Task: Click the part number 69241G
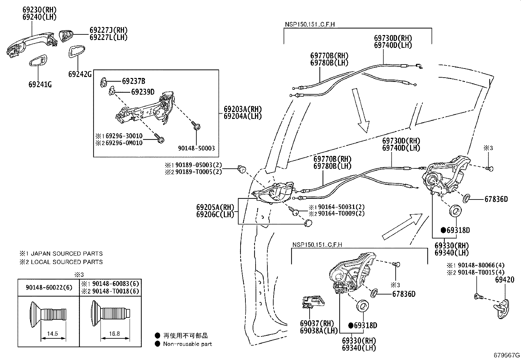click(40, 85)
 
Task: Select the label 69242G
click(80, 74)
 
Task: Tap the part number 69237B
click(134, 81)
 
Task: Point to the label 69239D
click(143, 92)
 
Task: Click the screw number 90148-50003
click(196, 148)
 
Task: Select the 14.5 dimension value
click(52, 334)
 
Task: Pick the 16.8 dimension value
click(114, 334)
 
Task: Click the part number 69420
click(505, 280)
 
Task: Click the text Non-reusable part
click(188, 344)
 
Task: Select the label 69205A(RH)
click(215, 207)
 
